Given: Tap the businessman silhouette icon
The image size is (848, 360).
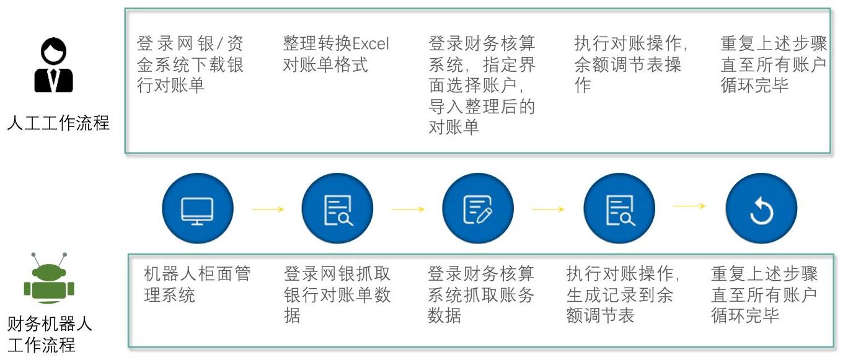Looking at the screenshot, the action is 53,64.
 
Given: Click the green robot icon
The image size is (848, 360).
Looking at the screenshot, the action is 49,278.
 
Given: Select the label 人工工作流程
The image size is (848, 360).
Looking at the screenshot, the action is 58,123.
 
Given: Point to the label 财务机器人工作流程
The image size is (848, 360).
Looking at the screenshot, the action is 49,334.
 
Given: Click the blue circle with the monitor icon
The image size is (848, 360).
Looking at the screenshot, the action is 198,208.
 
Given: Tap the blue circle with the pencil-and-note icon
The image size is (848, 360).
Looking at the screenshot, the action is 478,208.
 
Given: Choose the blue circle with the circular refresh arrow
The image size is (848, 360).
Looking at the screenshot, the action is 761,208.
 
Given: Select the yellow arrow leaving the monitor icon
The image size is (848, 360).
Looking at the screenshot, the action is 268,209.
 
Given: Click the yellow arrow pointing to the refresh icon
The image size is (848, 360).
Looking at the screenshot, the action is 689,206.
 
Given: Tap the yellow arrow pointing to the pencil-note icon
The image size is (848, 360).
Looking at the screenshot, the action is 408,209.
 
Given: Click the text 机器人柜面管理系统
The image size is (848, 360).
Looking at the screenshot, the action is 197,284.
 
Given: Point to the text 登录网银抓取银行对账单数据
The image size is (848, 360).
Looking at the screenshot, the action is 337,294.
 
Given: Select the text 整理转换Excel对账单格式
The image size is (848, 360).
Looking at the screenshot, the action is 336,54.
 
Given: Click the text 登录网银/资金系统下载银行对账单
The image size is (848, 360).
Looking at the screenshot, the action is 190,64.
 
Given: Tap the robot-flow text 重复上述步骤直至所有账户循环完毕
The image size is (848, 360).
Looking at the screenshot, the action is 764,294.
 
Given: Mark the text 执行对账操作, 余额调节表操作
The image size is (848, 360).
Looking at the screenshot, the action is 631,64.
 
